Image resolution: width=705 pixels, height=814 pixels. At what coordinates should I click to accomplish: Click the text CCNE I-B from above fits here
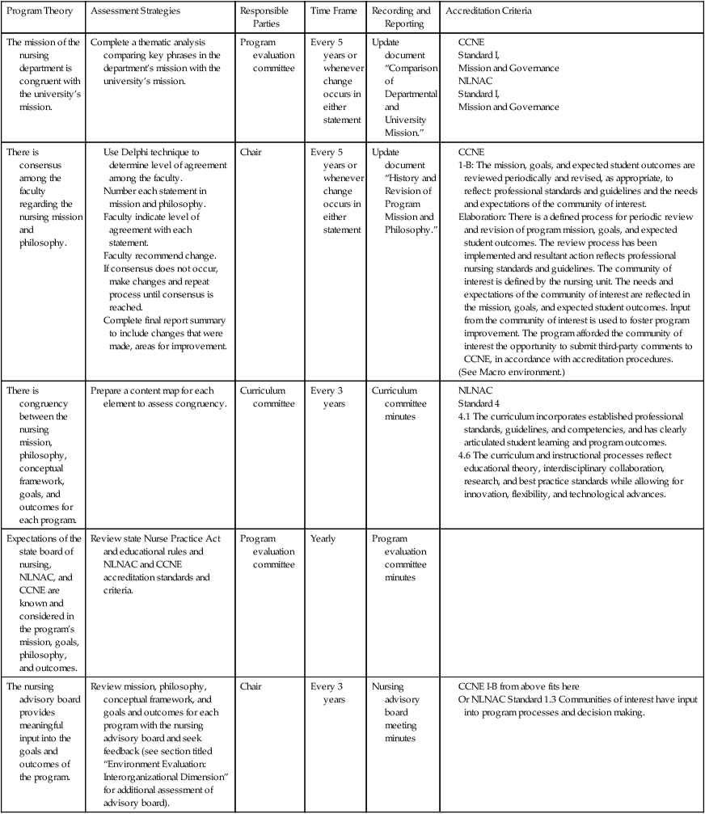530,686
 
